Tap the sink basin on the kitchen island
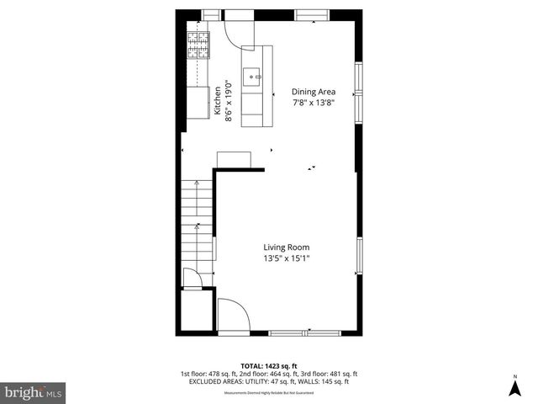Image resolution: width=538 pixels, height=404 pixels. [252, 77]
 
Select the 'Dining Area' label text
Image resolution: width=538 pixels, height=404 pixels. [314, 91]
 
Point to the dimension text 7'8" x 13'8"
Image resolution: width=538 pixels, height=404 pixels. [314, 103]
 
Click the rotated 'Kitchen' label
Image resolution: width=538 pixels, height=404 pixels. [217, 100]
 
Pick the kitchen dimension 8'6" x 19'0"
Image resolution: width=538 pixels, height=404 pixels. [228, 100]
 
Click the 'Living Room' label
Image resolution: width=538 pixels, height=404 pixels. [287, 247]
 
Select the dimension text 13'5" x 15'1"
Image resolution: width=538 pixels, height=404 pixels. [287, 259]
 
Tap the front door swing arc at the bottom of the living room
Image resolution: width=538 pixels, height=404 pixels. [233, 315]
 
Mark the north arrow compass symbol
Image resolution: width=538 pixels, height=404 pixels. [514, 386]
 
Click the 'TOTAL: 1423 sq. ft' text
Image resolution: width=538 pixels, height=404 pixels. [268, 366]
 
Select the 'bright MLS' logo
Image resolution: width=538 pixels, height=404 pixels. [34, 392]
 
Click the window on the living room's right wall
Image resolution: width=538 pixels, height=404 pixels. [360, 256]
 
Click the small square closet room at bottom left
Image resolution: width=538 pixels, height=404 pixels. [197, 312]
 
